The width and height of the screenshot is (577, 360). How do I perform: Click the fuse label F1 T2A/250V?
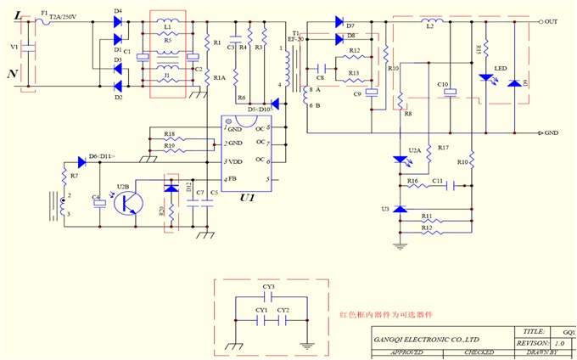point(60,14)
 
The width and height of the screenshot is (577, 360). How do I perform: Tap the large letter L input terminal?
point(14,15)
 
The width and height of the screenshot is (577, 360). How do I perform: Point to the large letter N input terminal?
point(14,75)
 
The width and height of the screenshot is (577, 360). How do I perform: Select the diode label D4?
point(117,10)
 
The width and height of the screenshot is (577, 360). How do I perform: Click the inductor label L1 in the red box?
point(167,26)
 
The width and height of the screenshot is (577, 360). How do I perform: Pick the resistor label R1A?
point(219,77)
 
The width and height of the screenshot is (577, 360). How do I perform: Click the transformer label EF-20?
point(295,39)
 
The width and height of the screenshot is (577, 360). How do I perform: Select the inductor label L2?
point(430,27)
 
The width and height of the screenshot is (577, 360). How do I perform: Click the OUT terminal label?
point(551,21)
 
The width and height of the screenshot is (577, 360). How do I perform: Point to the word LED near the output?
point(501,69)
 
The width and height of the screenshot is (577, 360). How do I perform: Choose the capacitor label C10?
point(442,84)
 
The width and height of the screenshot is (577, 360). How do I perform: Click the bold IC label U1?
point(247,197)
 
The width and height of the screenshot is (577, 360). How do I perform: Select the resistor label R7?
point(74,175)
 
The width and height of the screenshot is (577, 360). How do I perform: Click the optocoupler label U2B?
point(123,185)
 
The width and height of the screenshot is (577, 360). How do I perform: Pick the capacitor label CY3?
point(268,287)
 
